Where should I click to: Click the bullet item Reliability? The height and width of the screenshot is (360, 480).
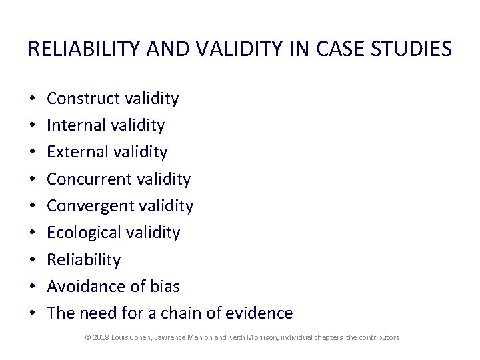pyautogui.click(x=84, y=259)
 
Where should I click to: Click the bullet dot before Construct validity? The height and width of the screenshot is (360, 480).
pyautogui.click(x=33, y=99)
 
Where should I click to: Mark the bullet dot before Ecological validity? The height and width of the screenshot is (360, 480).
pyautogui.click(x=33, y=233)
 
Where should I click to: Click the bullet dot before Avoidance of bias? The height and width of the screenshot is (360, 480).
pyautogui.click(x=33, y=287)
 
